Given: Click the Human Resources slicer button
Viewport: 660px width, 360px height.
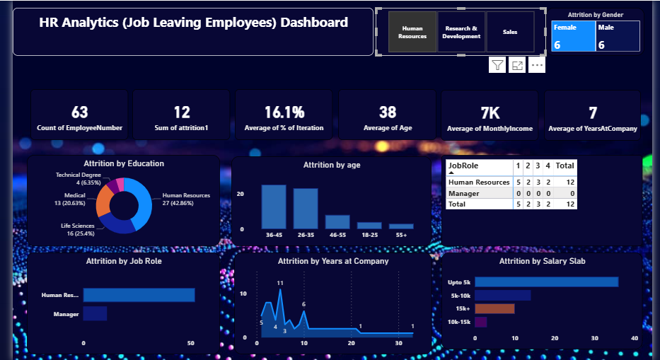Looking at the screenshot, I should (412, 32).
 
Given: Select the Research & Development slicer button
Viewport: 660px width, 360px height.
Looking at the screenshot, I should (462, 32).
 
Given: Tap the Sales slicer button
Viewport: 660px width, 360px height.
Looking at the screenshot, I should (510, 32).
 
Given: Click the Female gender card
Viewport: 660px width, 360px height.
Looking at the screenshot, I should (573, 36).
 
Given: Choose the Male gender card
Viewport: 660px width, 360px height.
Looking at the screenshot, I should (618, 36).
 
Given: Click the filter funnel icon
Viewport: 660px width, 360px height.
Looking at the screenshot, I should (497, 65).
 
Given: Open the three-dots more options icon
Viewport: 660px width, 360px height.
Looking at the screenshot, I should (537, 65).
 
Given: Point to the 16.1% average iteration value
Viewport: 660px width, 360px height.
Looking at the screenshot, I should (284, 112).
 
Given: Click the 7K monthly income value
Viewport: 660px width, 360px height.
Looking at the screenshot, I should (490, 112).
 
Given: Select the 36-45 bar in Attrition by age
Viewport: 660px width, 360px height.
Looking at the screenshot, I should (274, 207).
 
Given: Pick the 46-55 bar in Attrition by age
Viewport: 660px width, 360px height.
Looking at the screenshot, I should (337, 221).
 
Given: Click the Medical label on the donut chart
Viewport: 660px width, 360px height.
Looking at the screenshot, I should (74, 195).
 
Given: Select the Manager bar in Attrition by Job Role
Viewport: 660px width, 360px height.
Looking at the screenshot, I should (95, 313).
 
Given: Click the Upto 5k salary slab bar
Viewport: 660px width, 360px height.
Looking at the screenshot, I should (546, 281).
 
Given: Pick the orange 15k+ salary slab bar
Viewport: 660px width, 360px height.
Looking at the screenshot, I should (494, 308).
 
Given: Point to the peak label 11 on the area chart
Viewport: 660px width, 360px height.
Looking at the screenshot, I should (280, 283).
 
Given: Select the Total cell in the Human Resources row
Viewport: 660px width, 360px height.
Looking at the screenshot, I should (565, 182).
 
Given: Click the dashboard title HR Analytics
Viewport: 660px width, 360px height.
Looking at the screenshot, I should (193, 23).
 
